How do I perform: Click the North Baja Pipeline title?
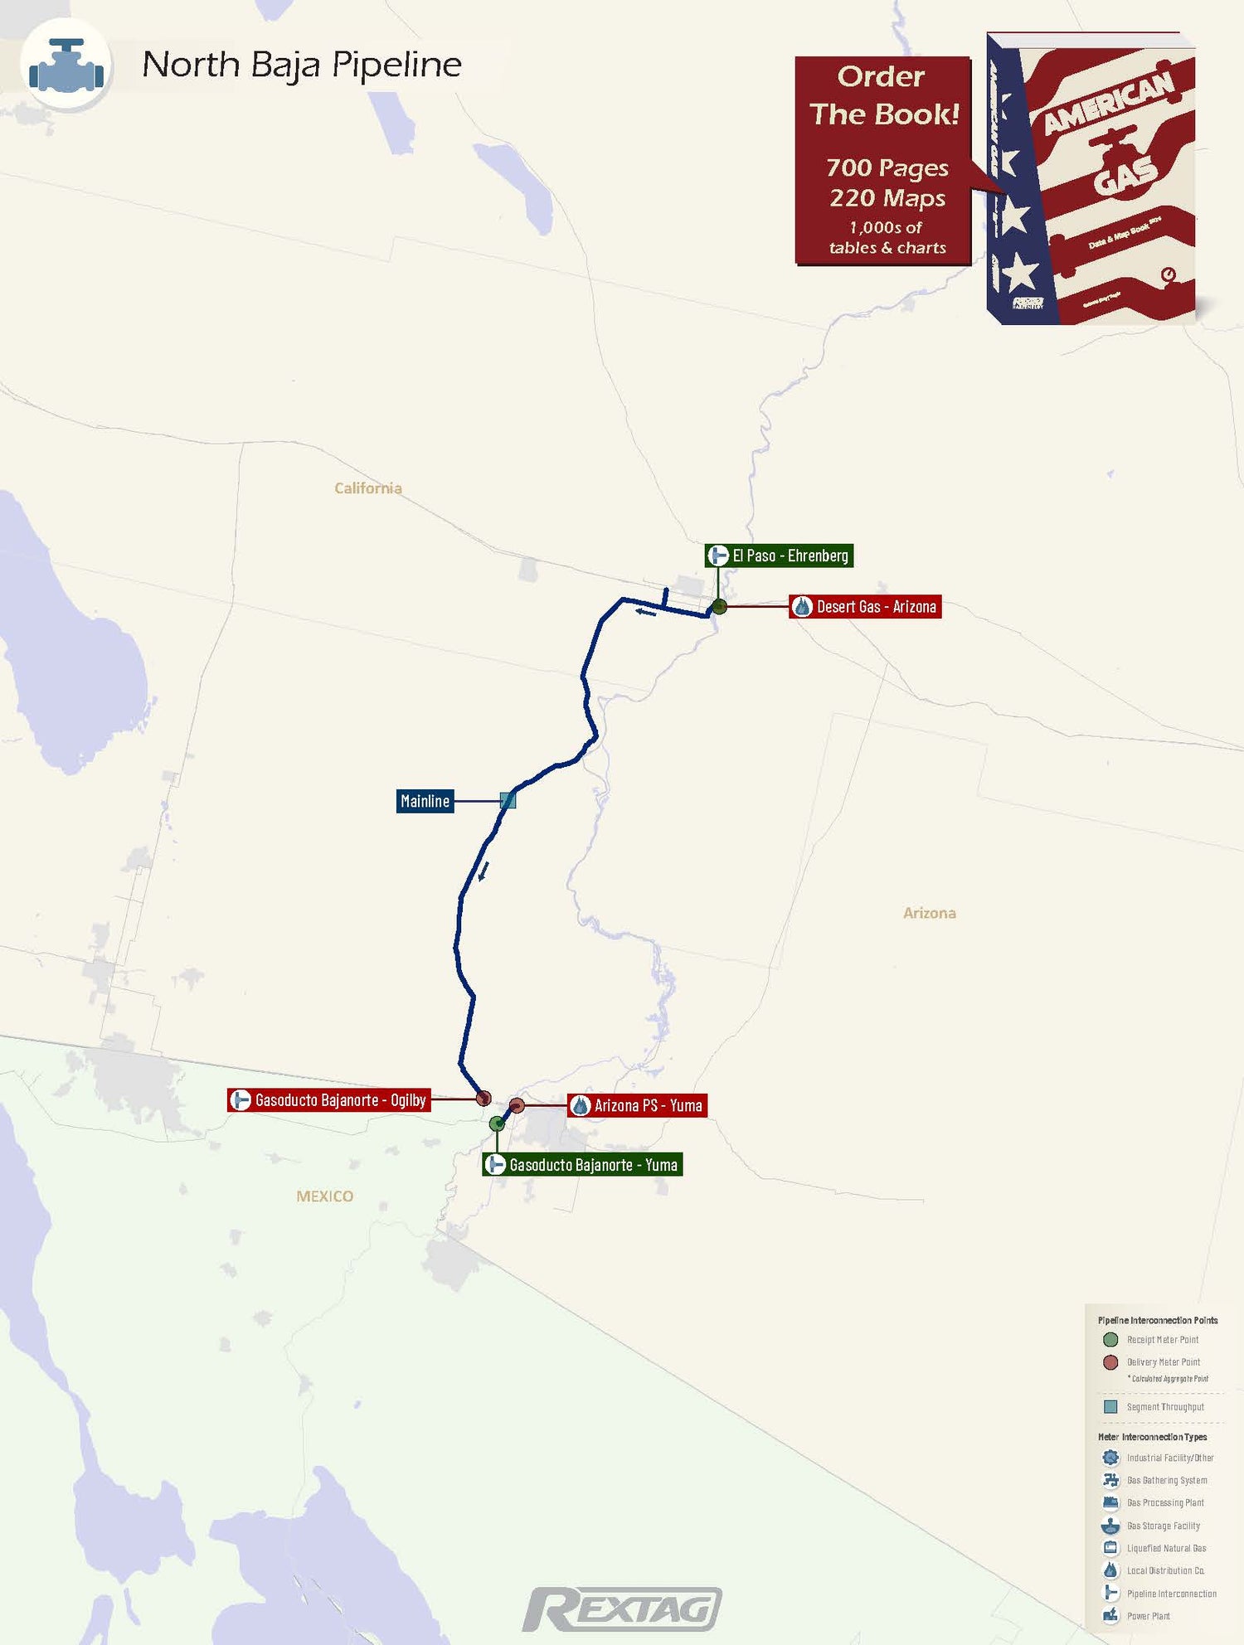pyautogui.click(x=301, y=65)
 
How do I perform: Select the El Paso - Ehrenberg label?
pyautogui.click(x=779, y=556)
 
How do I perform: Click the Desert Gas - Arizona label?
pyautogui.click(x=865, y=607)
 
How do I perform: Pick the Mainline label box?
pyautogui.click(x=425, y=801)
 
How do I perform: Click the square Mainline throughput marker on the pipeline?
pyautogui.click(x=508, y=800)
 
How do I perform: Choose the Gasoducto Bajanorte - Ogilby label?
pyautogui.click(x=329, y=1100)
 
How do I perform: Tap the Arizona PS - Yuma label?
pyautogui.click(x=637, y=1105)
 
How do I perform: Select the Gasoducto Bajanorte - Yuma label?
pyautogui.click(x=582, y=1165)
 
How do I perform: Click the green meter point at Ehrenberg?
pyautogui.click(x=719, y=607)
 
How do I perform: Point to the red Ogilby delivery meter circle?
pyautogui.click(x=484, y=1099)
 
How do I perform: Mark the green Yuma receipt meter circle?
pyautogui.click(x=497, y=1123)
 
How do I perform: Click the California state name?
pyautogui.click(x=368, y=488)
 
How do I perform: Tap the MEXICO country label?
pyautogui.click(x=324, y=1196)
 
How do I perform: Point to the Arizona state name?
pyautogui.click(x=929, y=913)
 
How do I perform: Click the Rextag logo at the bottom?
pyautogui.click(x=622, y=1610)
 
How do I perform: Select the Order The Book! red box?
pyautogui.click(x=883, y=161)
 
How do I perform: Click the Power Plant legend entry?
pyautogui.click(x=1148, y=1616)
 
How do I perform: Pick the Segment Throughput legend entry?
pyautogui.click(x=1164, y=1407)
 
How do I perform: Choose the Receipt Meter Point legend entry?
pyautogui.click(x=1162, y=1340)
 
